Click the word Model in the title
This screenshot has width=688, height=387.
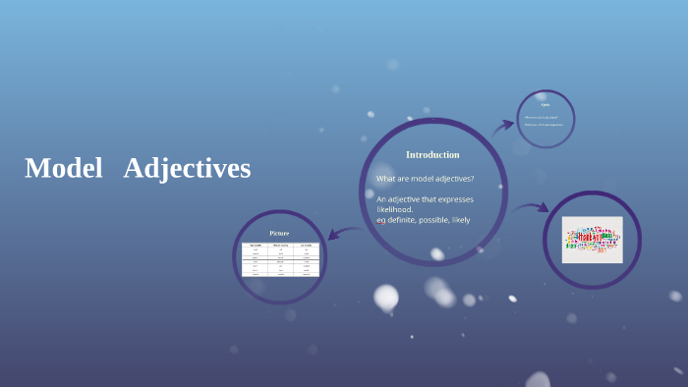click(64, 169)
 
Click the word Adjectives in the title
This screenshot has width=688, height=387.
click(187, 169)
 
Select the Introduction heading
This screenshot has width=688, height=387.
click(432, 154)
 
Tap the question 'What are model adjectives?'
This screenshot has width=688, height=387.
click(425, 178)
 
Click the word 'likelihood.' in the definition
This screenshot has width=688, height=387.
click(394, 209)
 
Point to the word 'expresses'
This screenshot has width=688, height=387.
click(452, 199)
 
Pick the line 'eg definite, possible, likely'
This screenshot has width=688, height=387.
click(423, 220)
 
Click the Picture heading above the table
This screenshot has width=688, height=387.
click(279, 233)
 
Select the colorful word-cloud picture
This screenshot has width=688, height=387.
click(592, 240)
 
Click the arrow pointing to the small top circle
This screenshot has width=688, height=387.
click(503, 125)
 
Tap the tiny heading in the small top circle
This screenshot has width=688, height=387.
click(545, 105)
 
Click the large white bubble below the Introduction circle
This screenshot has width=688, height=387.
click(386, 296)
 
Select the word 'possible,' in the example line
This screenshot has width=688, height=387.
click(436, 220)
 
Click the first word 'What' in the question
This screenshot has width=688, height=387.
click(385, 178)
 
